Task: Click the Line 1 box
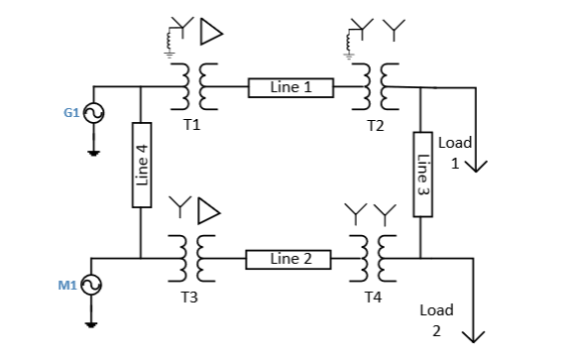(x=290, y=87)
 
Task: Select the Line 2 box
(x=290, y=259)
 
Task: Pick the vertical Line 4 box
(x=141, y=165)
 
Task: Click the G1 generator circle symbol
(x=95, y=114)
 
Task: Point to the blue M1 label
(x=67, y=286)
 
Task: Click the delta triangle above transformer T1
(x=211, y=33)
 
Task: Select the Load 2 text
(x=436, y=319)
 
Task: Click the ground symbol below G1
(x=95, y=153)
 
